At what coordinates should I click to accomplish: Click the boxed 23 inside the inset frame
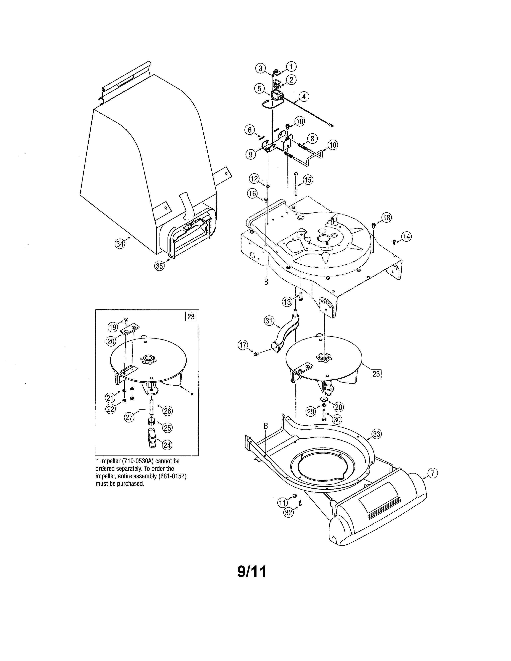pos(191,316)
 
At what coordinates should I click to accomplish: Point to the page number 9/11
pos(252,572)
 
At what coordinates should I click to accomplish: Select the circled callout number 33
pos(376,434)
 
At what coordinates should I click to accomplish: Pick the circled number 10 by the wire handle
pos(333,145)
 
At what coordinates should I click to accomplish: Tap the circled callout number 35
pos(159,266)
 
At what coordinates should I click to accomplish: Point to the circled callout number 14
pos(406,237)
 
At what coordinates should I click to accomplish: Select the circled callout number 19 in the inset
pos(113,327)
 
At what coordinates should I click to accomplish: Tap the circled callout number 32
pos(289,512)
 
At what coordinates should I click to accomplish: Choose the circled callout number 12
pos(254,179)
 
